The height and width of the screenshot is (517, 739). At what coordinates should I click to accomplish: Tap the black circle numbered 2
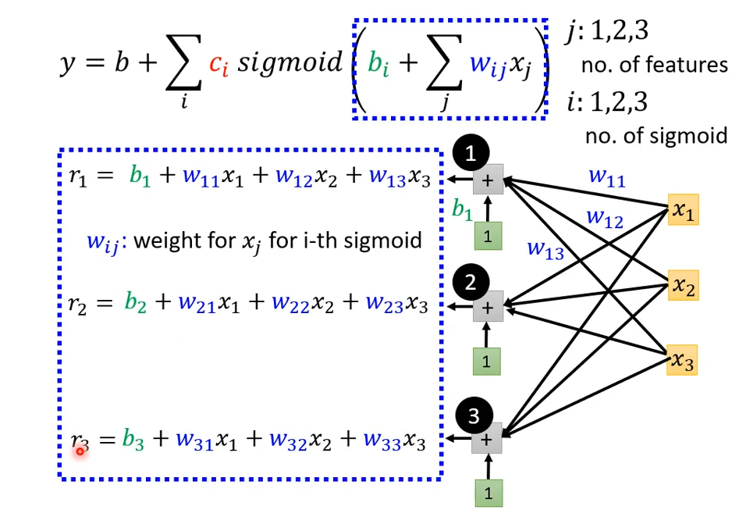pyautogui.click(x=470, y=283)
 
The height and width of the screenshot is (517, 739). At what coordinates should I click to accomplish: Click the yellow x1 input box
pyautogui.click(x=683, y=211)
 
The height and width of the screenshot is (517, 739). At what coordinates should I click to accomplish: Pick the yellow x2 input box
pyautogui.click(x=683, y=287)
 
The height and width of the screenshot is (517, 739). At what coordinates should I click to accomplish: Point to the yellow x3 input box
pyautogui.click(x=682, y=361)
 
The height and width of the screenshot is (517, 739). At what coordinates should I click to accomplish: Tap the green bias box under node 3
pyautogui.click(x=488, y=494)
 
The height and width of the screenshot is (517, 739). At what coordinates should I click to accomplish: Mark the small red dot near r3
pyautogui.click(x=80, y=451)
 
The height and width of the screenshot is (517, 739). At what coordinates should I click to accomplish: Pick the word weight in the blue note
pyautogui.click(x=166, y=240)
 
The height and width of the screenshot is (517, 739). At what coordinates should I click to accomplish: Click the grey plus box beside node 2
pyautogui.click(x=488, y=308)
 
